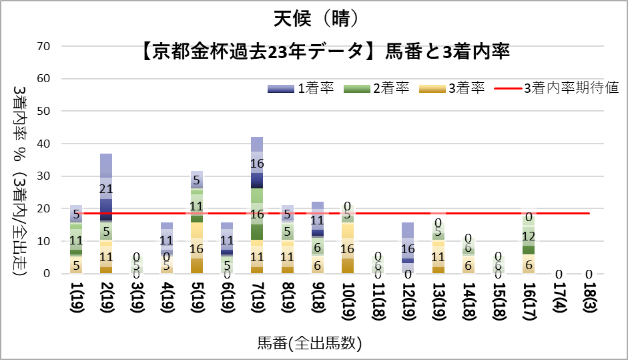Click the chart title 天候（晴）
[314, 17]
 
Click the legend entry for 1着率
[300, 88]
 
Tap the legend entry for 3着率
[450, 88]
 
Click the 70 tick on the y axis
[43, 46]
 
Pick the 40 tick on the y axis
[43, 144]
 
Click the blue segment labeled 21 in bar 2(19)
[105, 188]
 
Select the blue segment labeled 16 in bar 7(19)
[257, 164]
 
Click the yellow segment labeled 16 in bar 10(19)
[347, 248]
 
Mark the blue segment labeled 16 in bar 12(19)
[407, 248]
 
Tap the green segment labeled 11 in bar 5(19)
[196, 206]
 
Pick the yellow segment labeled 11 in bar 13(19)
[438, 258]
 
